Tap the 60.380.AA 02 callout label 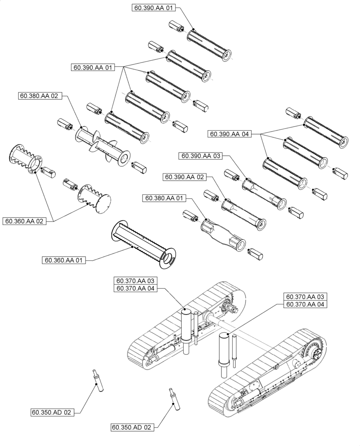click(x=41, y=95)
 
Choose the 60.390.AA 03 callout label click(x=200, y=156)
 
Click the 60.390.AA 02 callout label click(x=184, y=177)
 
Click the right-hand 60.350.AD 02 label click(x=132, y=427)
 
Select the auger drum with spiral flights click(x=102, y=144)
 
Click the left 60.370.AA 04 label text click(x=135, y=289)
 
